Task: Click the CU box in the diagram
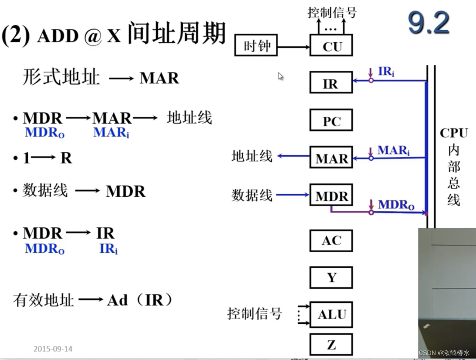tap(331, 46)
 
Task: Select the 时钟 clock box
tap(256, 46)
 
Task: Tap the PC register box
tap(331, 120)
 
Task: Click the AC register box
tap(331, 240)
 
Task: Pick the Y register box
tap(331, 277)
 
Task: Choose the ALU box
tap(331, 314)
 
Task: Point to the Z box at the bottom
tap(331, 344)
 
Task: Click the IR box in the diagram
tap(331, 83)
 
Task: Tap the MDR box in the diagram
tap(331, 195)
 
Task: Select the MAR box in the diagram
tap(331, 158)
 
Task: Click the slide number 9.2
tap(429, 23)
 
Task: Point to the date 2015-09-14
tap(53, 349)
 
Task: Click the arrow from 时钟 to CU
tap(293, 47)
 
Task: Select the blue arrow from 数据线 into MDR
tap(292, 194)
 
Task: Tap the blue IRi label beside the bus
tap(386, 71)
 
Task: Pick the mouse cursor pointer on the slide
tap(280, 76)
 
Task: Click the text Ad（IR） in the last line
tap(140, 300)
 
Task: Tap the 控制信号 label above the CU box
tap(332, 12)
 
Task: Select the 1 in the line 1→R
tap(26, 158)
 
